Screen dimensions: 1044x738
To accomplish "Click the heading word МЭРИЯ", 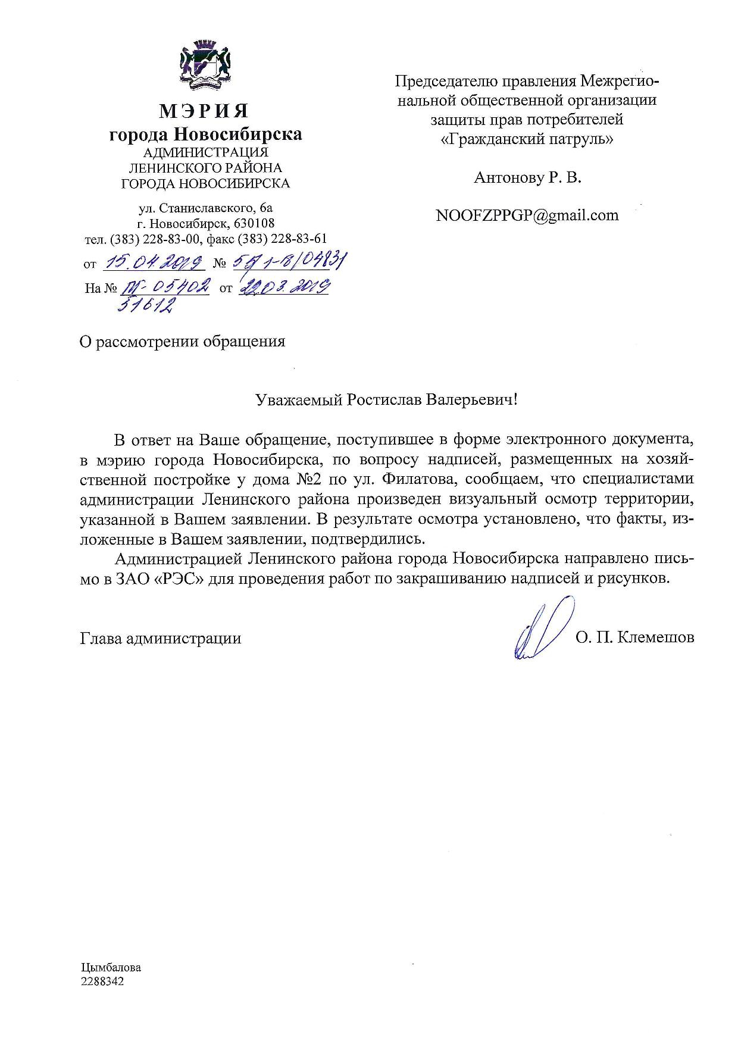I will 205,111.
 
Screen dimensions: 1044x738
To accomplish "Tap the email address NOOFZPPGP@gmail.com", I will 527,215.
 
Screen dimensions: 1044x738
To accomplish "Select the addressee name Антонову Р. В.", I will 527,177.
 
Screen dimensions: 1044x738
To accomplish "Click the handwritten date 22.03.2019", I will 284,287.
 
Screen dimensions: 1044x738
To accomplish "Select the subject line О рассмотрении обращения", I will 182,342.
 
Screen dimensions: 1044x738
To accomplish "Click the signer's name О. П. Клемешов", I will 634,638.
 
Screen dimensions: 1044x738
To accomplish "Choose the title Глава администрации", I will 160,639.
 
